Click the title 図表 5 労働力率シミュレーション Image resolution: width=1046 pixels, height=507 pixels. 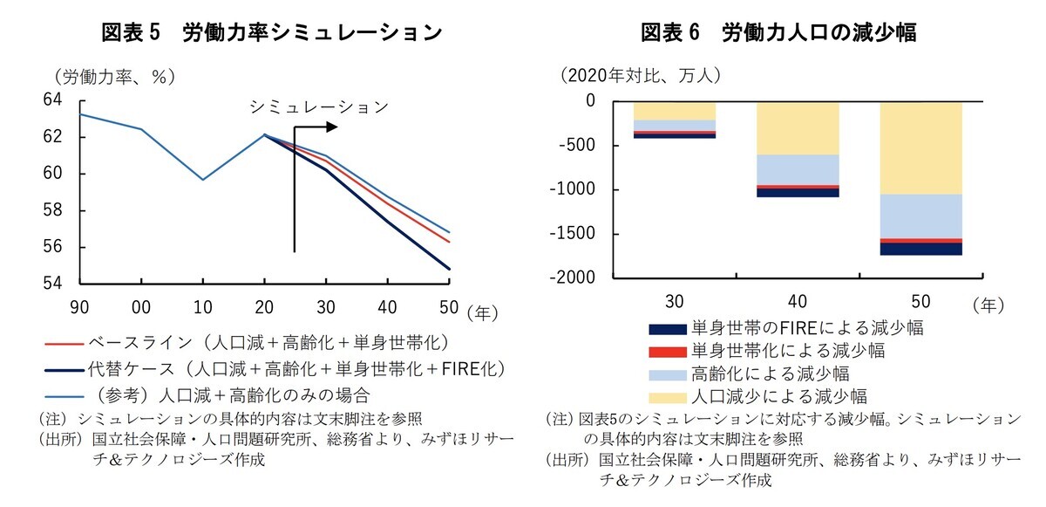click(271, 33)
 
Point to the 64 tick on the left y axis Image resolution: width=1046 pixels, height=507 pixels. click(52, 100)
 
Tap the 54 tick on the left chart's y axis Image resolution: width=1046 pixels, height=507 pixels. click(52, 284)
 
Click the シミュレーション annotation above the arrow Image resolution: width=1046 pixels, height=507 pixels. click(318, 107)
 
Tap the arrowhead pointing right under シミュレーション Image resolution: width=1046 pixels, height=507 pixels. click(331, 127)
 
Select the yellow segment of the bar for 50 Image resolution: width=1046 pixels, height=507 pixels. click(920, 147)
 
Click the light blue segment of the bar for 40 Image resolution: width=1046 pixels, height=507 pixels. click(798, 169)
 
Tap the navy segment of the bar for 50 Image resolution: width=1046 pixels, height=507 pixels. click(920, 249)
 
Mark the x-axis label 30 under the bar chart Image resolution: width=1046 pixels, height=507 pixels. click(674, 302)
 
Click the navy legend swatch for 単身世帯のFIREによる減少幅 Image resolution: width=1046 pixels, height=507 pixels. click(666, 329)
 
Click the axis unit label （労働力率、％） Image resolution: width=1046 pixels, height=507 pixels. click(113, 77)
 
